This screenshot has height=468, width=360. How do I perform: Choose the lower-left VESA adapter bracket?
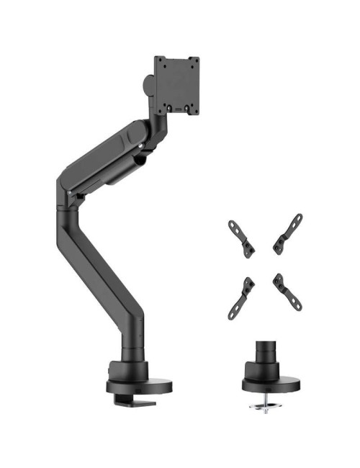coord(240,295)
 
